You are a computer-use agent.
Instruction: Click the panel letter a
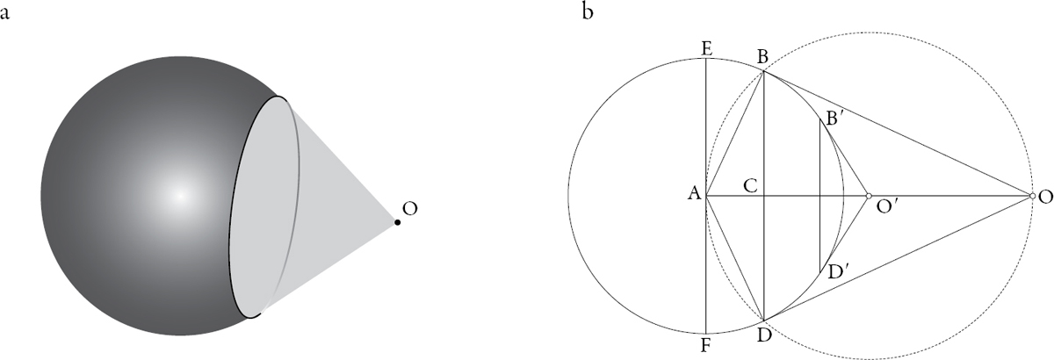click(x=4, y=14)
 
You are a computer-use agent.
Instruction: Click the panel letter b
click(x=588, y=11)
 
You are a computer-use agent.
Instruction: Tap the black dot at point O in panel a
click(x=398, y=222)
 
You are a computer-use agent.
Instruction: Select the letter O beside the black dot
click(x=410, y=208)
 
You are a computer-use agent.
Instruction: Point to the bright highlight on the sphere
click(x=180, y=195)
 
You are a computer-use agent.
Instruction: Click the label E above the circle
click(x=706, y=49)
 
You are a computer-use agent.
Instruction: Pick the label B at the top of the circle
click(x=762, y=57)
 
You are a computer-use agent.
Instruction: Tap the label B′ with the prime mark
click(x=832, y=119)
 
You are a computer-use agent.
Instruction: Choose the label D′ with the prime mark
click(x=835, y=272)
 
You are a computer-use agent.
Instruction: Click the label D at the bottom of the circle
click(x=764, y=335)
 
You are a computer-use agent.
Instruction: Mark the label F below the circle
click(x=705, y=346)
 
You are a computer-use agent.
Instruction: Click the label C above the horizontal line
click(x=750, y=185)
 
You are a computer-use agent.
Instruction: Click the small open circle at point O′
click(x=869, y=195)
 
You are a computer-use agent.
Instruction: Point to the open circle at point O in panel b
click(x=1032, y=195)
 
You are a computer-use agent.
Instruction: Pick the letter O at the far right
click(x=1045, y=198)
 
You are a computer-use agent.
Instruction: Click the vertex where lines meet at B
click(x=763, y=71)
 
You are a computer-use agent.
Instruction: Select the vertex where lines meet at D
click(x=763, y=320)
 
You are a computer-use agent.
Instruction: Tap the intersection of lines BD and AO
click(x=763, y=195)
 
